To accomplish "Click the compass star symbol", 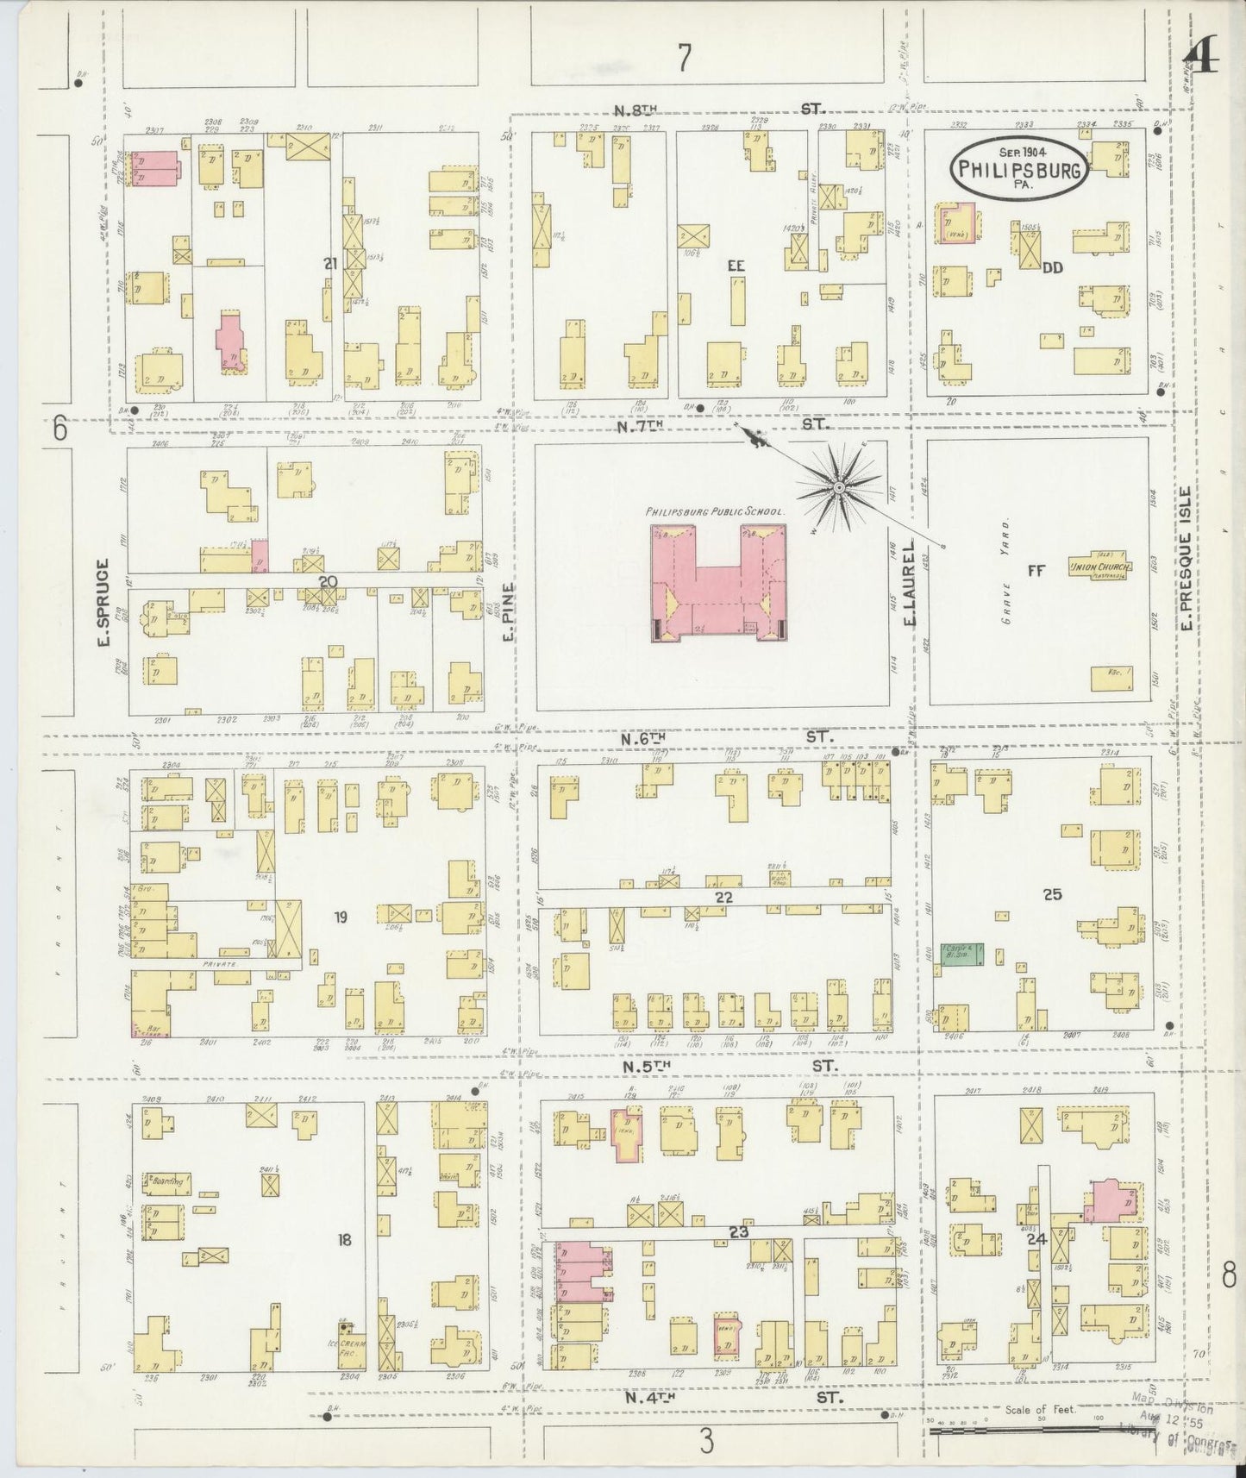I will point(837,489).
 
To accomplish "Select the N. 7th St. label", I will point(724,424).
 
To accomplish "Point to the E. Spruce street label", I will point(101,603).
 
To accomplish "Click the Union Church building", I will point(1099,567).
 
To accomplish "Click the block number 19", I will point(341,917).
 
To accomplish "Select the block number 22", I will point(723,898).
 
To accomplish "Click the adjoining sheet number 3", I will point(707,1442).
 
